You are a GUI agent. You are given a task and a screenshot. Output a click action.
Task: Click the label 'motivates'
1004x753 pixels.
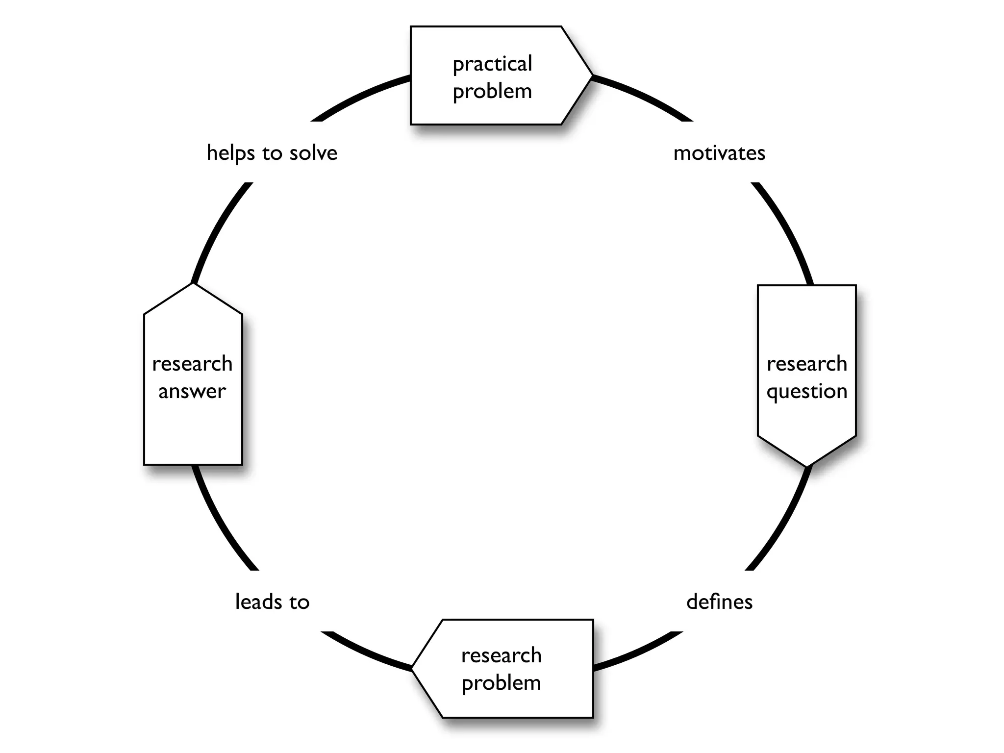click(719, 153)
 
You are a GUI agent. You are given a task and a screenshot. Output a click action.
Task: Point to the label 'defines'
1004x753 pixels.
click(719, 602)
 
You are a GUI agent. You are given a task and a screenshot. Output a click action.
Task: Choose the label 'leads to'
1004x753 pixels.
click(272, 602)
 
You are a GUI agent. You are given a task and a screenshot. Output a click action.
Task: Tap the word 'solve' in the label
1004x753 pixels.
click(313, 153)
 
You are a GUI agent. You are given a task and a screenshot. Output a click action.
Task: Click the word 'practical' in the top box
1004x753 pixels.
click(492, 64)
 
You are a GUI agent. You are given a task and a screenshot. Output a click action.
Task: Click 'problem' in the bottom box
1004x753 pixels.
click(501, 683)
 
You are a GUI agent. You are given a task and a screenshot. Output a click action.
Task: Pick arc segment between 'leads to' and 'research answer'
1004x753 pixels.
click(221, 525)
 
